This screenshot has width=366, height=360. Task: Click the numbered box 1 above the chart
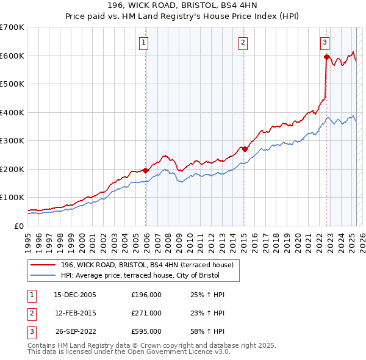click(143, 42)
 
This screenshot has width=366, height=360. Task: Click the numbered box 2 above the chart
click(243, 42)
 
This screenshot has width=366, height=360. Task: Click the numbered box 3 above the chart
click(325, 42)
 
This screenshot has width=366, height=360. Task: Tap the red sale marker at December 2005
click(146, 170)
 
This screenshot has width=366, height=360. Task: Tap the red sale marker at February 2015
click(245, 149)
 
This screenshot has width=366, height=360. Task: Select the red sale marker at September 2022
click(326, 57)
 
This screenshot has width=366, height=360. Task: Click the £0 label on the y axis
click(20, 226)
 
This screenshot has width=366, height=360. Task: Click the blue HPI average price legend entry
click(146, 275)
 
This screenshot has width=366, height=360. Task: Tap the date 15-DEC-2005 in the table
click(75, 295)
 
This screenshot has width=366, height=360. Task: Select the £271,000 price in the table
click(146, 313)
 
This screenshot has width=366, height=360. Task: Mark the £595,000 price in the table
click(146, 332)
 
